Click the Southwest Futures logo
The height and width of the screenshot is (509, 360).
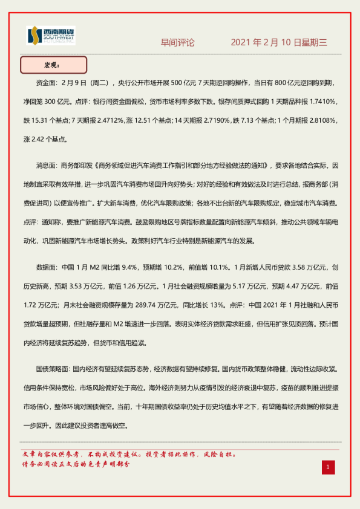51,36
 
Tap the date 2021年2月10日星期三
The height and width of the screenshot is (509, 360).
279,43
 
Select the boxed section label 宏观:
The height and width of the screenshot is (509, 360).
54,64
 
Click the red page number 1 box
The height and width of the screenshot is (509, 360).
327,467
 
